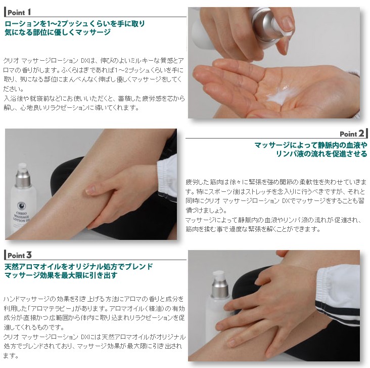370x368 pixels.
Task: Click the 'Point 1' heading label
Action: point(19,12)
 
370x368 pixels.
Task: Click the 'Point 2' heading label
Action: point(352,134)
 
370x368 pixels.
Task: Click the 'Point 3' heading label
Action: point(19,255)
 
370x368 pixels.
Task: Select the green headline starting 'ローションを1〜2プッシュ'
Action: point(75,23)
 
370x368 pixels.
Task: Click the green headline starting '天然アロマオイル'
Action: point(78,266)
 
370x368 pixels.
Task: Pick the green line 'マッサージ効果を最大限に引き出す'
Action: point(61,275)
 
